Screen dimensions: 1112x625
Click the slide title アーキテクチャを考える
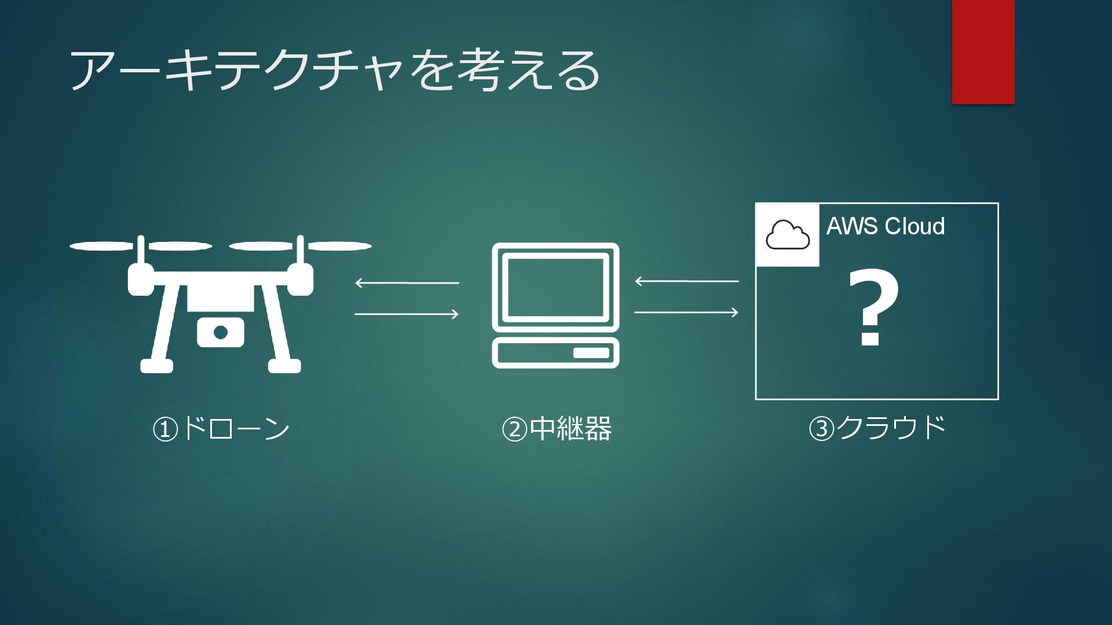tap(334, 70)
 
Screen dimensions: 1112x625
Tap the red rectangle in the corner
tap(983, 52)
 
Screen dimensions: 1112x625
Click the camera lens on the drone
tap(220, 333)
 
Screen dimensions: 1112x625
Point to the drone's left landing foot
tap(156, 366)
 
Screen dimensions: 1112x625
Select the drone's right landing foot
tap(284, 366)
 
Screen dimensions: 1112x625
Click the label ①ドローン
tap(221, 429)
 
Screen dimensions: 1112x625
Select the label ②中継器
tap(556, 429)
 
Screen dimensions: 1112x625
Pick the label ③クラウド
tap(877, 428)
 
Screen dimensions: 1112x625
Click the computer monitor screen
tap(555, 288)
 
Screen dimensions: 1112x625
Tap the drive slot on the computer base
tap(591, 352)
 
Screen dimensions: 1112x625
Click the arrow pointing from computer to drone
tap(407, 282)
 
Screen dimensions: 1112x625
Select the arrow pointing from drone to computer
tap(407, 314)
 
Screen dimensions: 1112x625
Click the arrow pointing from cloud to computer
tap(687, 281)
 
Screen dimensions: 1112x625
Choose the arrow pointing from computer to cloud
tap(687, 312)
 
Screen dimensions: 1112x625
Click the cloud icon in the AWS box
tap(788, 235)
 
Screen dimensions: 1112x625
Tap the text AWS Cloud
tap(885, 226)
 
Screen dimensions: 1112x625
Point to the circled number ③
tap(821, 429)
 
